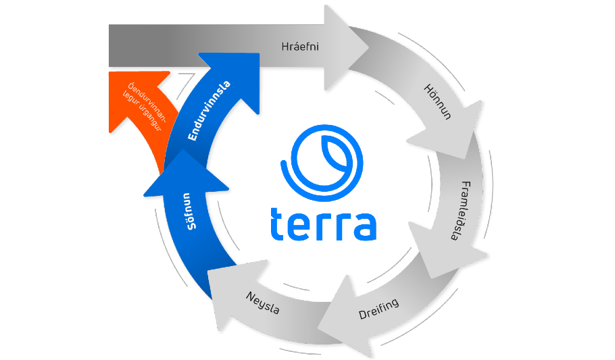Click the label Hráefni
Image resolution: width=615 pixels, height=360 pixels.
click(299, 47)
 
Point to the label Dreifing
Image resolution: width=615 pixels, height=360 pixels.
click(378, 309)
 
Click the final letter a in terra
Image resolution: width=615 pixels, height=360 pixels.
click(363, 224)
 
